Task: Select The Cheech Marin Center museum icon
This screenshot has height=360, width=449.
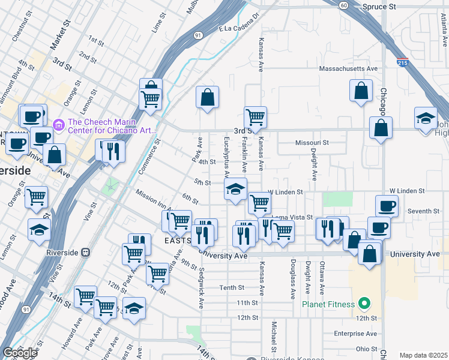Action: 58,125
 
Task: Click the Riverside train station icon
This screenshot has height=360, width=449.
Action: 86,253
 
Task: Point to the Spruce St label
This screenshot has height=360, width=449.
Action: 379,6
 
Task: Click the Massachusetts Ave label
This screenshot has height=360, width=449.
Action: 348,69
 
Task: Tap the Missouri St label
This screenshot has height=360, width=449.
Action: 312,143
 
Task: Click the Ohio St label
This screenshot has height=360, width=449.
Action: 366,349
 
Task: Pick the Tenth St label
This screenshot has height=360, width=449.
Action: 231,287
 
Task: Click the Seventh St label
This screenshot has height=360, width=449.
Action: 423,211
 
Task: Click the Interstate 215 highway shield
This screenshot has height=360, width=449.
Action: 403,62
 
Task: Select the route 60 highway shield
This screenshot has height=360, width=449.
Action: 343,5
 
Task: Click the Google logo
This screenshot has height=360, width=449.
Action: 20,353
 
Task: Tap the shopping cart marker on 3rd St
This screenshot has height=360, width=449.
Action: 255,116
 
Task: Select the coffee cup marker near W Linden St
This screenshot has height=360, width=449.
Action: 387,206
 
